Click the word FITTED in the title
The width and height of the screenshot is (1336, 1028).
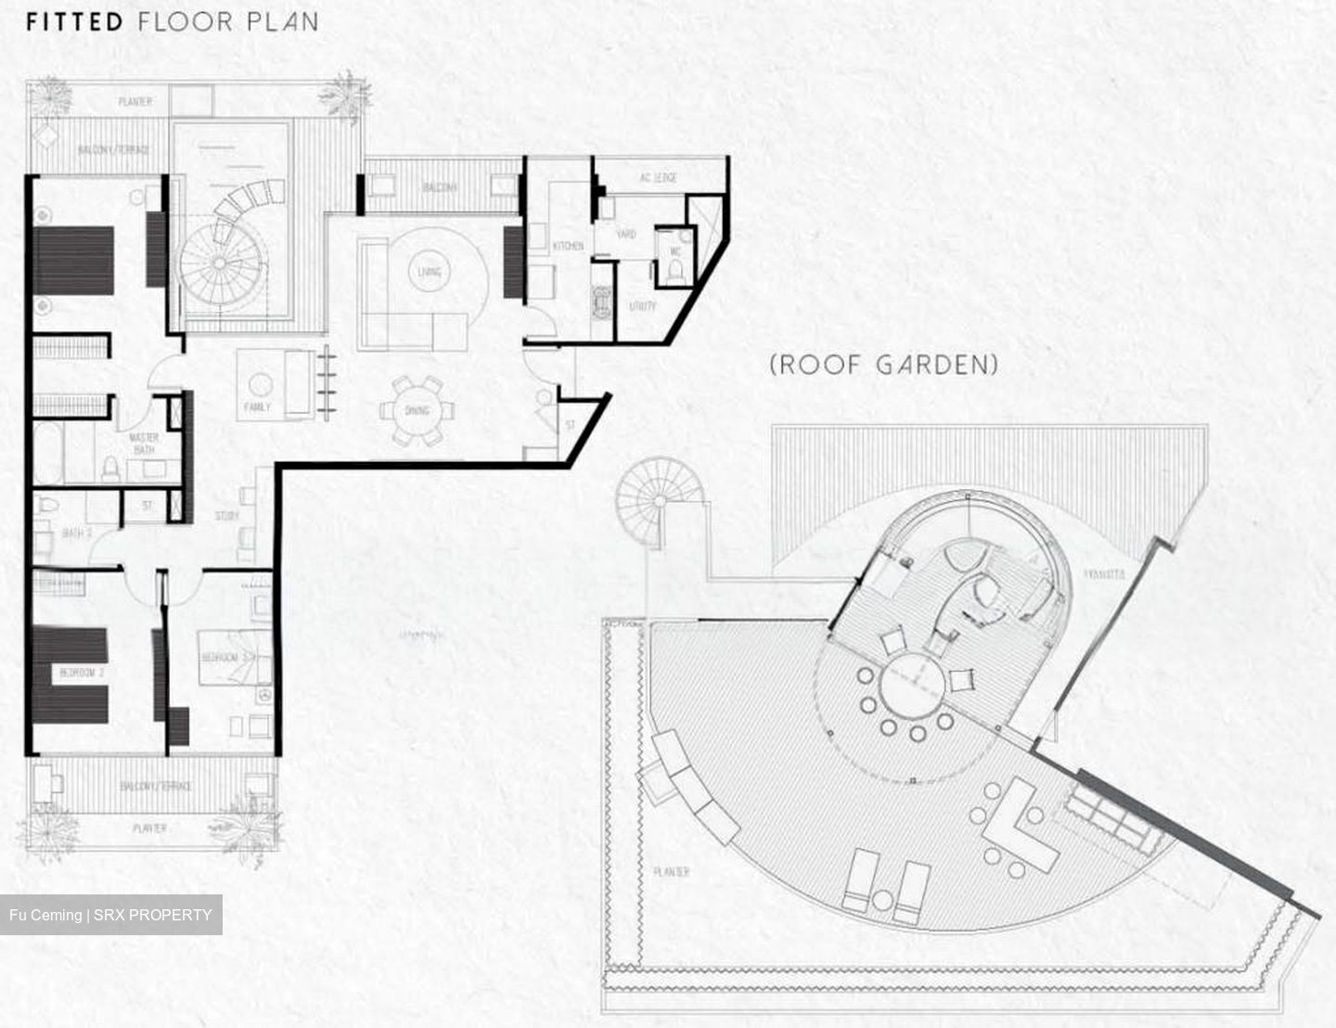click(x=74, y=21)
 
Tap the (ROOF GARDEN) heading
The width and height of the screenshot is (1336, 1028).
click(x=884, y=364)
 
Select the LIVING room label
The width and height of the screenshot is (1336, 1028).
click(x=429, y=272)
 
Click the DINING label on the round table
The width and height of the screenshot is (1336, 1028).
click(x=417, y=410)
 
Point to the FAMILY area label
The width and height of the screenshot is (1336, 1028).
click(x=257, y=406)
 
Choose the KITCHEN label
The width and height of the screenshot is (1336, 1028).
click(x=568, y=246)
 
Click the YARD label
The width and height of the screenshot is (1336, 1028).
click(x=626, y=235)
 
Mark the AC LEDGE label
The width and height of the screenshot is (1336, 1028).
click(x=659, y=177)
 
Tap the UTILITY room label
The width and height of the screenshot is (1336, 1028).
click(x=642, y=305)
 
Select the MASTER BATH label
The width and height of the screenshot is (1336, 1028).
click(x=144, y=443)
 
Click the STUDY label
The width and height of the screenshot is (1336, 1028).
click(x=226, y=516)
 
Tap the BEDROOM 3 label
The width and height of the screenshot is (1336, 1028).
click(x=221, y=657)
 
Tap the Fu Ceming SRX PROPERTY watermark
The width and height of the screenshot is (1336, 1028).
click(x=110, y=915)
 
